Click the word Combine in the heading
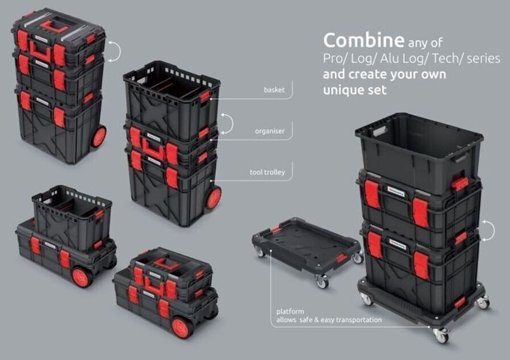pyautogui.click(x=363, y=40)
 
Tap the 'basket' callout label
pyautogui.click(x=274, y=90)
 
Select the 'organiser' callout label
pyautogui.click(x=270, y=131)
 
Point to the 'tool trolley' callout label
pyautogui.click(x=267, y=172)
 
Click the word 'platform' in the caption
pyautogui.click(x=290, y=312)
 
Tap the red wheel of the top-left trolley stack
pyautogui.click(x=99, y=137)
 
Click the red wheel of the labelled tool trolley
pyautogui.click(x=214, y=198)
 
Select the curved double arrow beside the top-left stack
pyautogui.click(x=116, y=51)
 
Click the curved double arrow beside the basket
pyautogui.click(x=229, y=124)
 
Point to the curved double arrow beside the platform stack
pyautogui.click(x=490, y=231)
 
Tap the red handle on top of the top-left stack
pyautogui.click(x=53, y=27)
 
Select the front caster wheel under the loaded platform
pyautogui.click(x=441, y=335)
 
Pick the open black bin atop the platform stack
pyautogui.click(x=419, y=152)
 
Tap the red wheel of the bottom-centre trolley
pyautogui.click(x=181, y=328)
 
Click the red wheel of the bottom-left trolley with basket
pyautogui.click(x=82, y=277)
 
